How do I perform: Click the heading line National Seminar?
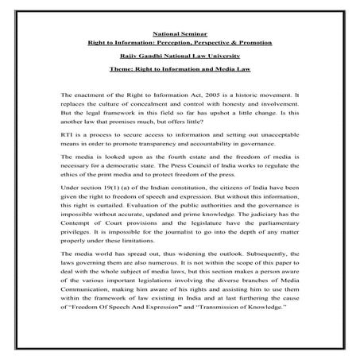point(180,33)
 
